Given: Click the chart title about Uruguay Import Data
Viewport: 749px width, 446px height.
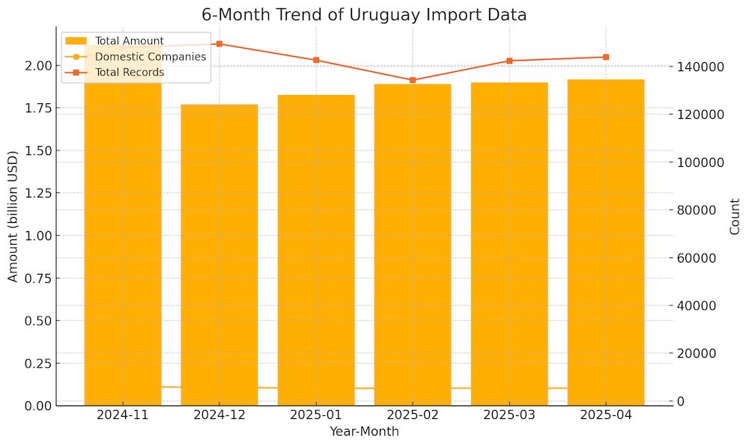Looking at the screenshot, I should pyautogui.click(x=364, y=15).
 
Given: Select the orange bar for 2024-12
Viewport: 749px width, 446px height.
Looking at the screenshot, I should pyautogui.click(x=219, y=254).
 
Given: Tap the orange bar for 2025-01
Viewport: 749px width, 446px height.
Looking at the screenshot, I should pyautogui.click(x=316, y=250).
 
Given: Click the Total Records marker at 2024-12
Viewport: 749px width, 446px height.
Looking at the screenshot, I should pyautogui.click(x=219, y=43).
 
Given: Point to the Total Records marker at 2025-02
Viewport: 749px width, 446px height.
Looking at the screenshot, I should pyautogui.click(x=413, y=80).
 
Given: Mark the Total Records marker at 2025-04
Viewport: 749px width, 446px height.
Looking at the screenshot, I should pyautogui.click(x=606, y=57).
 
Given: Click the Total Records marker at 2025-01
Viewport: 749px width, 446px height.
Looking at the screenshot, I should pyautogui.click(x=316, y=60).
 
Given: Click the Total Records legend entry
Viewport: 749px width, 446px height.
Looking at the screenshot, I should pyautogui.click(x=129, y=73).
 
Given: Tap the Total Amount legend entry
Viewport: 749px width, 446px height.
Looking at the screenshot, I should pyautogui.click(x=129, y=40).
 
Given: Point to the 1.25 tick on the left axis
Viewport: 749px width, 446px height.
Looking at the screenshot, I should pyautogui.click(x=36, y=193).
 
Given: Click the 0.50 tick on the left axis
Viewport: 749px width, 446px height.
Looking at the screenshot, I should pyautogui.click(x=36, y=320).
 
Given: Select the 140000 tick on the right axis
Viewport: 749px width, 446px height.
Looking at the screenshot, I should pyautogui.click(x=702, y=67).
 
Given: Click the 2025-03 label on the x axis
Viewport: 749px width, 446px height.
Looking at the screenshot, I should pyautogui.click(x=509, y=415).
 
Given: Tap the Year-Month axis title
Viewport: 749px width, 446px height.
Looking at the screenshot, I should pyautogui.click(x=364, y=432).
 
